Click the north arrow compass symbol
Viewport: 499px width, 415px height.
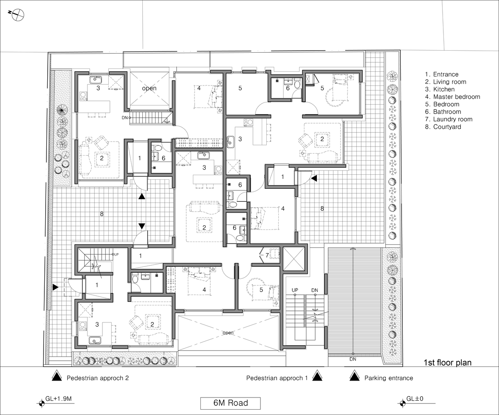coord(17,15)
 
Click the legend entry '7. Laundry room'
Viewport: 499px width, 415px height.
coord(448,119)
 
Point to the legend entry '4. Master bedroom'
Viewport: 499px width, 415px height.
coord(453,97)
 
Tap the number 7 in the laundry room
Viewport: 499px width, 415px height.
coord(267,255)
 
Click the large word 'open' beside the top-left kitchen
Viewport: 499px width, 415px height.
coord(149,88)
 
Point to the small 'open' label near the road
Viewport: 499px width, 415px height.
coord(228,333)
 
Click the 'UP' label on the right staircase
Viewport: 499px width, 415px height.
coord(295,290)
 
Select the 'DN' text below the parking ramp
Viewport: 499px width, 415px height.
coord(353,359)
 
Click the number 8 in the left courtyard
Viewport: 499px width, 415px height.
coord(102,214)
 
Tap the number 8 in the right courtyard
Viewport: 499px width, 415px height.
coord(322,208)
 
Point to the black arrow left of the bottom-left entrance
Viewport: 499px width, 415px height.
coord(56,287)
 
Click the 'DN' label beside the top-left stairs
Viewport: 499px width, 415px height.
coord(125,117)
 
